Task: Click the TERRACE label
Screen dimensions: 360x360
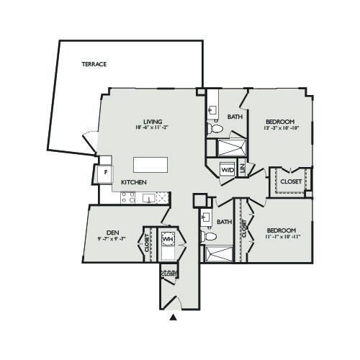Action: point(94,64)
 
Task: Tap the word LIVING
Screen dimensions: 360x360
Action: point(152,121)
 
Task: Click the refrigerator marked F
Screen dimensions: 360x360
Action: point(105,173)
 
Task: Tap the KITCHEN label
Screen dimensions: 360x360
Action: point(134,183)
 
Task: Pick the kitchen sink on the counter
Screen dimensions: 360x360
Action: point(149,198)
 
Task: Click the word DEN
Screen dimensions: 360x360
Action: point(112,232)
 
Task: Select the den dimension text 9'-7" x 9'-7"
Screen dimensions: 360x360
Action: point(112,239)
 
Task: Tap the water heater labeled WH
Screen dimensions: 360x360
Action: point(168,238)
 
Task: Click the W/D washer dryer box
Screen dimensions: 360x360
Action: point(228,170)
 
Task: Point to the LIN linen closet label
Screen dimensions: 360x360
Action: point(243,169)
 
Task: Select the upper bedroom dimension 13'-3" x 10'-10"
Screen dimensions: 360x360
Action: point(280,128)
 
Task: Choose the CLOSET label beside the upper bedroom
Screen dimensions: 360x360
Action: point(291,181)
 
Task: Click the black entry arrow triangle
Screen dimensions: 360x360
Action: point(173,316)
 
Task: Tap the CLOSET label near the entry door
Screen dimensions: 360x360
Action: point(169,274)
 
